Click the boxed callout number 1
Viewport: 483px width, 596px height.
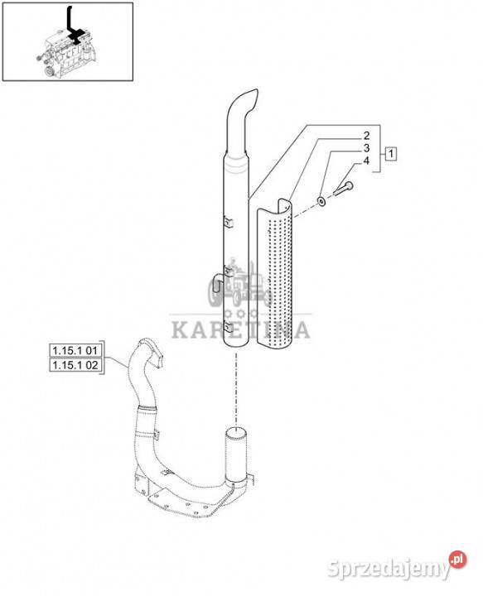coord(390,154)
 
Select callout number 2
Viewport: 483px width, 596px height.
coord(366,136)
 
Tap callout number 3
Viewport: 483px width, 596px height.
coord(366,148)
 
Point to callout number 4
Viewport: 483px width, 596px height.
coord(366,161)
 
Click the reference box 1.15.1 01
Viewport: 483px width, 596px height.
coord(75,350)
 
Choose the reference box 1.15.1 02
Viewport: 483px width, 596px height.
coord(75,365)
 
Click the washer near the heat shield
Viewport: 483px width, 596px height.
coord(321,201)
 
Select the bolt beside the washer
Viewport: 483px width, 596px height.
coord(344,188)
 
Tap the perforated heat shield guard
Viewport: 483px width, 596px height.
coord(275,273)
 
